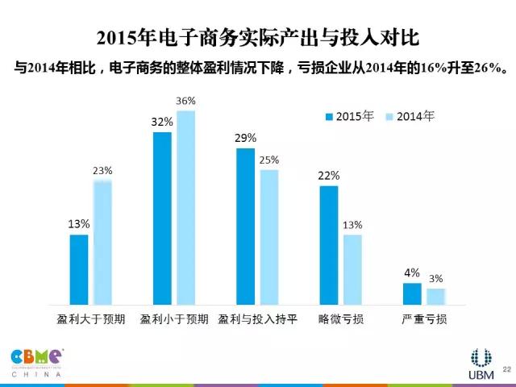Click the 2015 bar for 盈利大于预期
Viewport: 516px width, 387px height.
tap(78, 270)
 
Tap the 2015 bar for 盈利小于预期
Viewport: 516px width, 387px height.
tap(162, 218)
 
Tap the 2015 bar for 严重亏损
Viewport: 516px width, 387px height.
tap(412, 294)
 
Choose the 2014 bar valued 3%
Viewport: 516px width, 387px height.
tap(436, 297)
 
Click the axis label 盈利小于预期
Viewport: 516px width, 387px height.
tap(174, 319)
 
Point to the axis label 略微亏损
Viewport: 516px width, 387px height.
tap(341, 319)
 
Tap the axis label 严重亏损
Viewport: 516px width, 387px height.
tap(424, 319)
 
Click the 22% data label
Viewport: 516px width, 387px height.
tap(329, 176)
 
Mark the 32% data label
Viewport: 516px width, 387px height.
tap(162, 122)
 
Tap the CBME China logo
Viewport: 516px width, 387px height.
tap(37, 362)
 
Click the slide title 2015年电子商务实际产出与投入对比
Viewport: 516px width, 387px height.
tap(258, 38)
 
